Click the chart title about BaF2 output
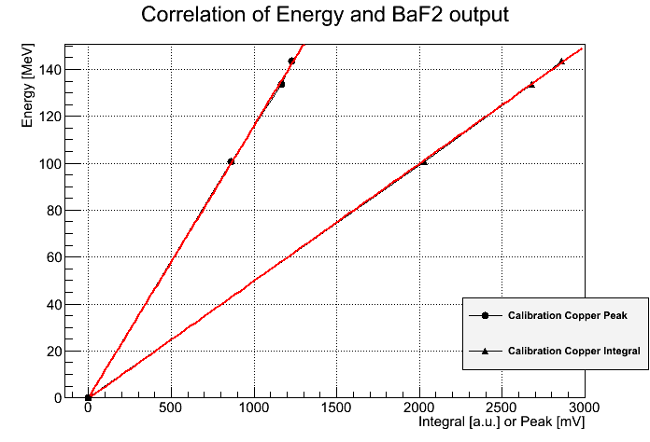coord(324,16)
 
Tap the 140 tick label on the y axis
coord(51,69)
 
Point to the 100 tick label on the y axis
coord(51,163)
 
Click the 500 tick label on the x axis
coord(170,408)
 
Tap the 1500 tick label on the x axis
coord(335,408)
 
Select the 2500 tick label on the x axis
coord(502,408)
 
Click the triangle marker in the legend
coord(486,352)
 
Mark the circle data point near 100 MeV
coord(231,161)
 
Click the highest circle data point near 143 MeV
coord(291,61)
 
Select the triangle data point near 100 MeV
coord(424,161)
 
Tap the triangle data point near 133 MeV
coord(531,84)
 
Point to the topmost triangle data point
coord(561,62)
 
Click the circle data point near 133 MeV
coord(281,84)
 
